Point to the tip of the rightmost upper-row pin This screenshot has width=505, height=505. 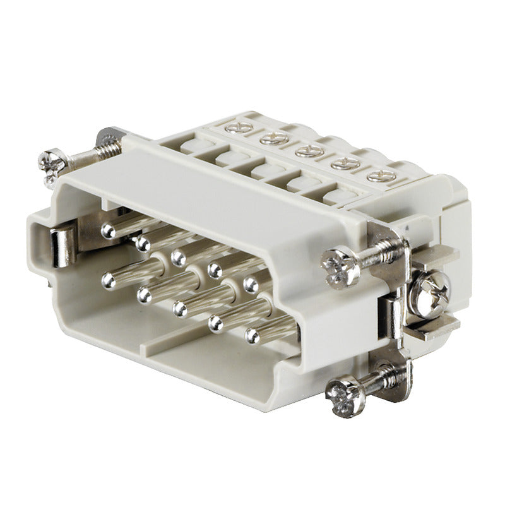251,282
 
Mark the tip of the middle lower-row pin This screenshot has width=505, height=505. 181,308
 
